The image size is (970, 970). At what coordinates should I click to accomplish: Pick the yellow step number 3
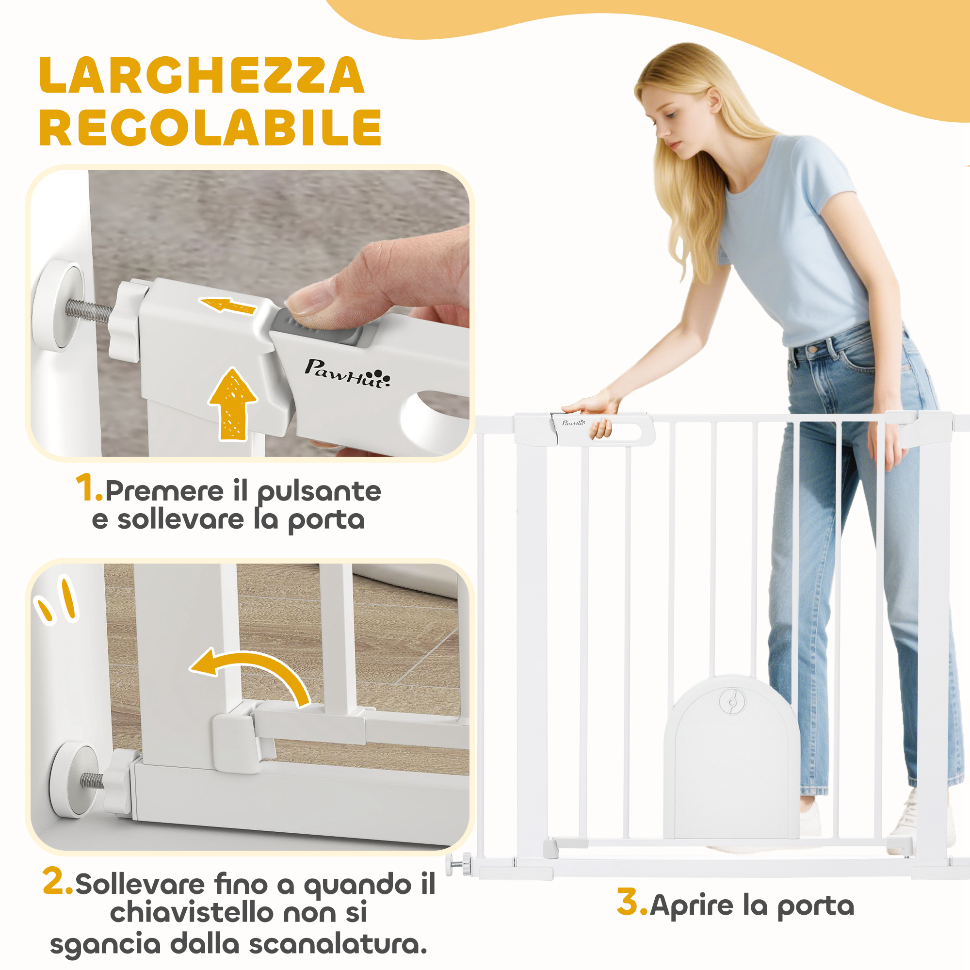(632, 902)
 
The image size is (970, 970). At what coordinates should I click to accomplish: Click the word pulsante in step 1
(319, 492)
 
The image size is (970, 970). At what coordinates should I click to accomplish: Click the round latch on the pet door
(732, 702)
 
